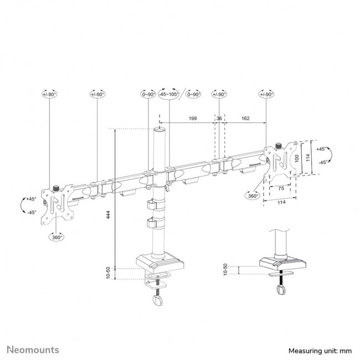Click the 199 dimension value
point(192,118)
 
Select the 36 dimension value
point(219,118)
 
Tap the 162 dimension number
point(245,118)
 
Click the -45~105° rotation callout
point(168,95)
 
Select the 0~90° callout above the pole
point(148,95)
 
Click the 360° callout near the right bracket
point(254,196)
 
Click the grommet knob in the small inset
point(282,290)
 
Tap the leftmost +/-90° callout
point(50,95)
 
